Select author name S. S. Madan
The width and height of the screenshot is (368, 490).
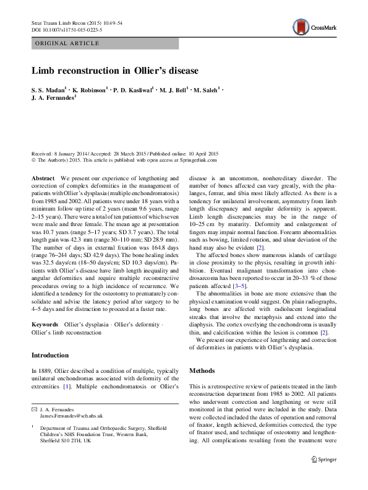[x=51, y=90]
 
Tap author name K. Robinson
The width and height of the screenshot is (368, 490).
[x=92, y=90]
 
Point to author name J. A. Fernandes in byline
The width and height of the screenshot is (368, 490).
[x=53, y=99]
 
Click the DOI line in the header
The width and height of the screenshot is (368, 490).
[x=67, y=30]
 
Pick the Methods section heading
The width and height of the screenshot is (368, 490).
[x=202, y=370]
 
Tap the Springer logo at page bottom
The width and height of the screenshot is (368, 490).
[x=324, y=460]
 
